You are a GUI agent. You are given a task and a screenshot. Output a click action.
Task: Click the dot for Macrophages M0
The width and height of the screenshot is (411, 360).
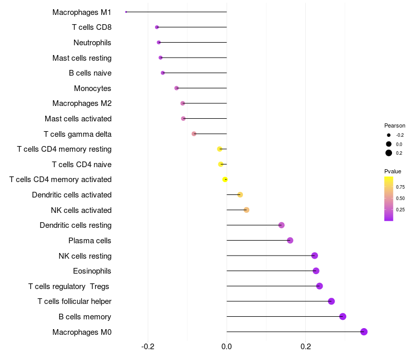point(364,332)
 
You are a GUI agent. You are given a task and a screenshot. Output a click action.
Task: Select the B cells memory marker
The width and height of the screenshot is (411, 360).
point(343,316)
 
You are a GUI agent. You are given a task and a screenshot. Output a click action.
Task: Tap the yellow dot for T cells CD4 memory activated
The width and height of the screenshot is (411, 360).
point(225,179)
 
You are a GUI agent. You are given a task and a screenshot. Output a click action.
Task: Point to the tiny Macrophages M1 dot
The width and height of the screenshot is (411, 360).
point(126,12)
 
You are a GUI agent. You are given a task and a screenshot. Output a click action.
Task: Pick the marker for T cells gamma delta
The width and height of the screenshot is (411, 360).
point(194,134)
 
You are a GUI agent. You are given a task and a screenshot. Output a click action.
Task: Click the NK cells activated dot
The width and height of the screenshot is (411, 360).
point(246,210)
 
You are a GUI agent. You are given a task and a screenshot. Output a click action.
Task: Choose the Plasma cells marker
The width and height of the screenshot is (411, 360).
point(290,240)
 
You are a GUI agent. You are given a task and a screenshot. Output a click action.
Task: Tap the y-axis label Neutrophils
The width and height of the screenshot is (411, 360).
point(92,43)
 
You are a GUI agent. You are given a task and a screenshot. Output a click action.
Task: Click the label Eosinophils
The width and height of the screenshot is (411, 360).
point(92,271)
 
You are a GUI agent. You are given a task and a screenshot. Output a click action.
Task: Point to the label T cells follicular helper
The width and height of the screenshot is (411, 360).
point(74,301)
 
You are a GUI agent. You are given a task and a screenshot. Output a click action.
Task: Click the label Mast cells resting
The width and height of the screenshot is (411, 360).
point(82,58)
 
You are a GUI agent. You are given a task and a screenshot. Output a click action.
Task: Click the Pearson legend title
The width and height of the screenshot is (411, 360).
point(395,125)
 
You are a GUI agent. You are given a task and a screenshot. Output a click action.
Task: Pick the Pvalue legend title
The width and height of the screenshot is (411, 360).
point(393,171)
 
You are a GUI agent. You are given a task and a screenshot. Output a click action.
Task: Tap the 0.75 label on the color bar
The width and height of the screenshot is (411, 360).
point(400,187)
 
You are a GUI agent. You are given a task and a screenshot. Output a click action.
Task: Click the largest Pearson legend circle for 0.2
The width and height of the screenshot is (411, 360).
point(389,153)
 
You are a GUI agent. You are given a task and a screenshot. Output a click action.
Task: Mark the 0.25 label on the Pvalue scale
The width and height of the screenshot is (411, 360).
point(400,209)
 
